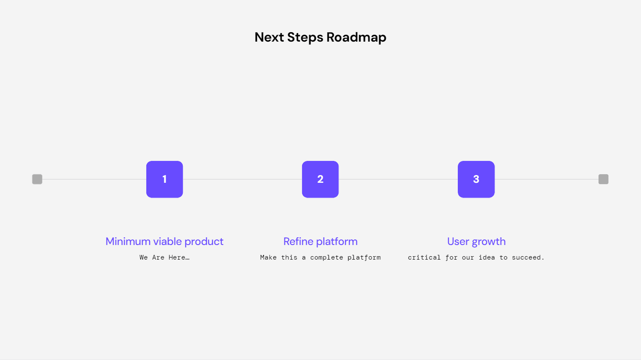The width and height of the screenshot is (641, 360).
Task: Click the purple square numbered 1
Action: (164, 179)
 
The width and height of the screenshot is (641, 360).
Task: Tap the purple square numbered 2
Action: (320, 179)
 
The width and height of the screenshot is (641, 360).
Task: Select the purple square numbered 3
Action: (476, 179)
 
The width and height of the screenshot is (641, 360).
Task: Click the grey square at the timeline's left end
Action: (37, 179)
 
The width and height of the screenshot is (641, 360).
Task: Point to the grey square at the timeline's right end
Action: (603, 179)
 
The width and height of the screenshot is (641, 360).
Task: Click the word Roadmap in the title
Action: (356, 37)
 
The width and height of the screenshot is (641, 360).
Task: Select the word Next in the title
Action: (269, 37)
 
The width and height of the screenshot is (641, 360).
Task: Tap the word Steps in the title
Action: (305, 37)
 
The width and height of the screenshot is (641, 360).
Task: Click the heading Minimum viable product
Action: (164, 242)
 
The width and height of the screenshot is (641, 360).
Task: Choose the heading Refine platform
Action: (320, 242)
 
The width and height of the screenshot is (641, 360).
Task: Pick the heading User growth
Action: (476, 242)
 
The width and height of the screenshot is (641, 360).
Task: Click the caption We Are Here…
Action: (164, 257)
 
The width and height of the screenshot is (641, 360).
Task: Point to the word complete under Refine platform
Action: (327, 257)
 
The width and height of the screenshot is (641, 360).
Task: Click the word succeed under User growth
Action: (528, 257)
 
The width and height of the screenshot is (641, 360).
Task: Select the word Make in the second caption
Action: (268, 257)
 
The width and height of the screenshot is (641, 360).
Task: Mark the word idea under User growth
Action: (487, 257)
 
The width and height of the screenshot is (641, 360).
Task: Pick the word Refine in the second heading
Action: (298, 242)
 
